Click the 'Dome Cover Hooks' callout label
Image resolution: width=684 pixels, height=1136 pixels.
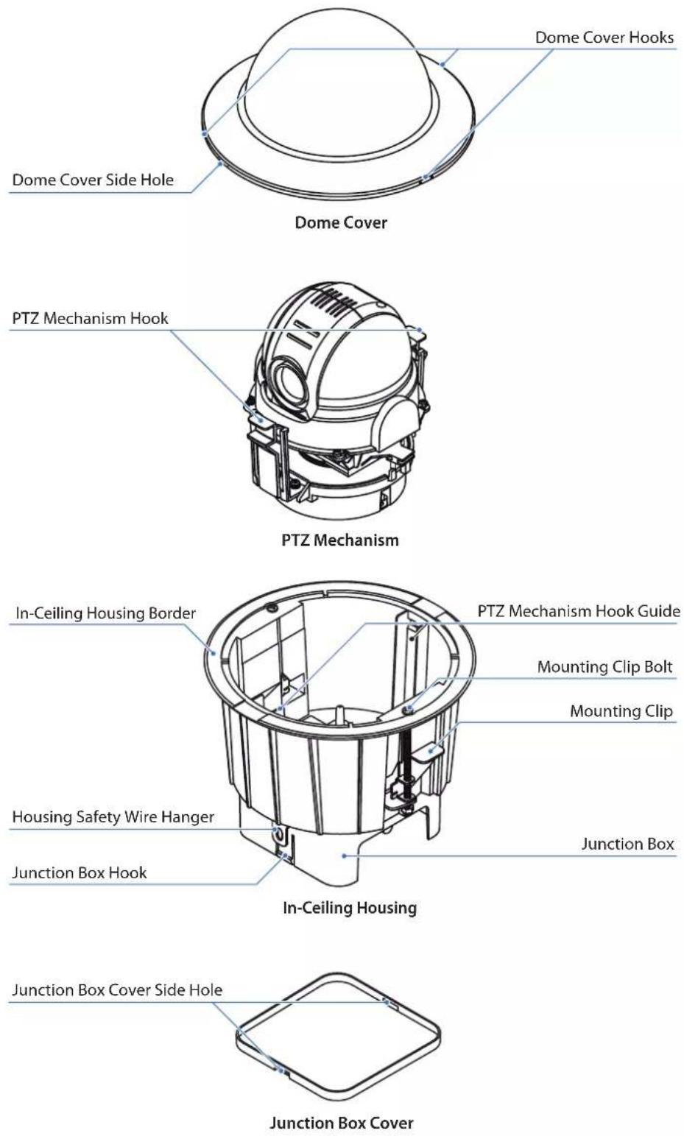click(604, 38)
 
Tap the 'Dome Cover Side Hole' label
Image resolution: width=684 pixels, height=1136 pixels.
click(93, 180)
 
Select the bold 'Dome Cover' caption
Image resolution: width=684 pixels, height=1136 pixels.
click(341, 222)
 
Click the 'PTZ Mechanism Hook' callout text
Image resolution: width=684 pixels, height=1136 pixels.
click(91, 319)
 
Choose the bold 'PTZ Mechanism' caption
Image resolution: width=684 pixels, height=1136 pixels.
click(340, 540)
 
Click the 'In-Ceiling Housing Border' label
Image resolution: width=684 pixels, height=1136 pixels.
click(105, 613)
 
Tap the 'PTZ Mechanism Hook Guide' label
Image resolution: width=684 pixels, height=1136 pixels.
click(579, 611)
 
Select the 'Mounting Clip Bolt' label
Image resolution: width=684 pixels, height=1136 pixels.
click(605, 667)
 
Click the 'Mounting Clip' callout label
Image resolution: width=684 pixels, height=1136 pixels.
click(621, 711)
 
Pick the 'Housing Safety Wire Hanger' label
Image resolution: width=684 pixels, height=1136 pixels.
click(113, 817)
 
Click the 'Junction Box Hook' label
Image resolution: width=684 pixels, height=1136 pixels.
click(80, 872)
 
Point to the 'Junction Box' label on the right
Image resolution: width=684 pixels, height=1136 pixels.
click(628, 844)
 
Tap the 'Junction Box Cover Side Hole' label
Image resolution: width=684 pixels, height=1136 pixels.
click(117, 990)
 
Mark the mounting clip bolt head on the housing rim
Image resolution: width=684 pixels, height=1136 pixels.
click(407, 710)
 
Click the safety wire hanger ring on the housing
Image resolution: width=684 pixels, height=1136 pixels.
click(278, 832)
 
